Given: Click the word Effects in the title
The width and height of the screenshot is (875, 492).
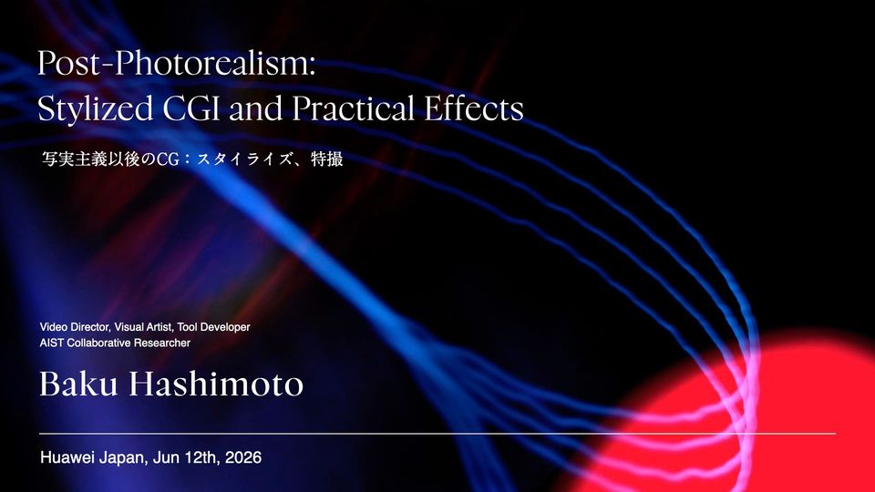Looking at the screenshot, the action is coord(474,108).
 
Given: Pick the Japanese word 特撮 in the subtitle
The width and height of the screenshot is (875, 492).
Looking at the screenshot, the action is coord(327,159).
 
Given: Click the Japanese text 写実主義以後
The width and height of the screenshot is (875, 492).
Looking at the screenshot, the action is coord(91,159).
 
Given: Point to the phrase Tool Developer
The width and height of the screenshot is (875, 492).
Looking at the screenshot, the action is coord(213,327).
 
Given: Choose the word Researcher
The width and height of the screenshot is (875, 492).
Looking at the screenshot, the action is coord(162,343).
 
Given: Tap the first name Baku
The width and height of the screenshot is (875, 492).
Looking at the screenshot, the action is coord(78,384).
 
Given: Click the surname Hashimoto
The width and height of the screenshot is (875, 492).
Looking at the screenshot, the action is coord(217,384).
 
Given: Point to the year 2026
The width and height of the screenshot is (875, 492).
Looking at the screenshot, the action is coord(243,458).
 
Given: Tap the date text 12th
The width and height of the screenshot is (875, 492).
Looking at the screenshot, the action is coord(201,458).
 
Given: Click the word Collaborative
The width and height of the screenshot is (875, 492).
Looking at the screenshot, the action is coord(98,343).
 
